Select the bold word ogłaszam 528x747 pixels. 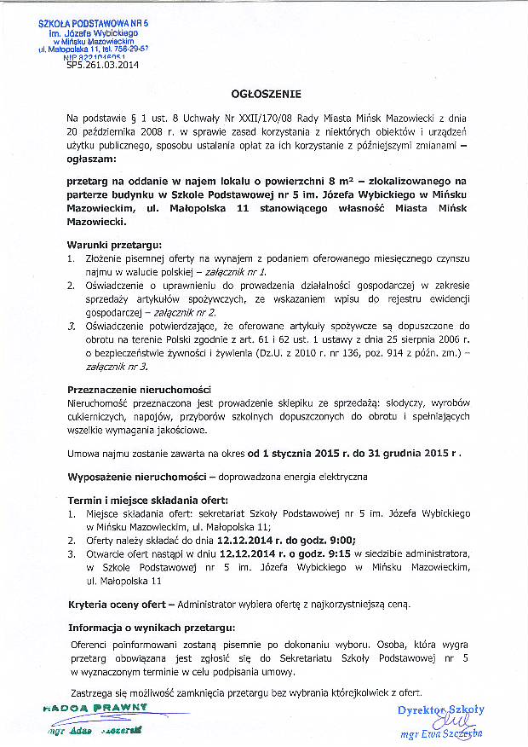click(91, 159)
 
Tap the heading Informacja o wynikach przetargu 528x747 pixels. click(151, 628)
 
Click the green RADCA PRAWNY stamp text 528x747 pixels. click(93, 708)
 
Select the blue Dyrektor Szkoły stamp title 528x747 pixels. click(440, 709)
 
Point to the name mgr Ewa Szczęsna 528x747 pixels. click(440, 733)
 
